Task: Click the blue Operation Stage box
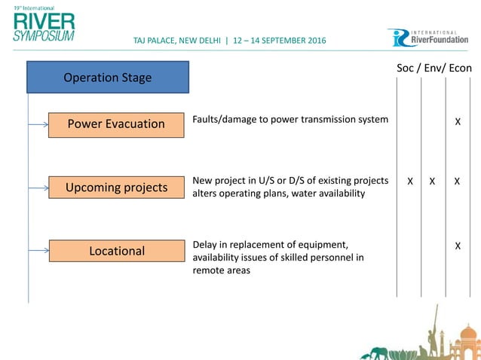pos(108,78)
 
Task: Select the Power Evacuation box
pos(117,124)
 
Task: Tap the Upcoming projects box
pos(117,187)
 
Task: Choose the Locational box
pos(117,251)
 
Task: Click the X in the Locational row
pos(457,246)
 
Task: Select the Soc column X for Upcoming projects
pos(409,182)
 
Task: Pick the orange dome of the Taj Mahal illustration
pos(468,334)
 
